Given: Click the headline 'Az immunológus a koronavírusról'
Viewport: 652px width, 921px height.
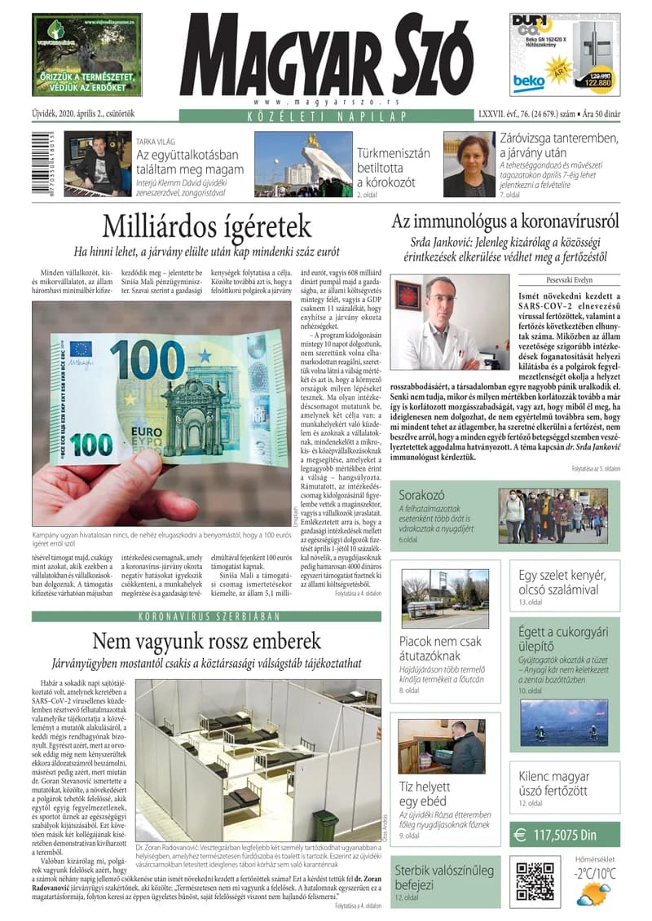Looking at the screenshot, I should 505,221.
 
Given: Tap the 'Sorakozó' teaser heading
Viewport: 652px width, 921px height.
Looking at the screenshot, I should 422,494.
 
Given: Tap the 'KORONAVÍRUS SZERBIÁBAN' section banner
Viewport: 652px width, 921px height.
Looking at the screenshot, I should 206,616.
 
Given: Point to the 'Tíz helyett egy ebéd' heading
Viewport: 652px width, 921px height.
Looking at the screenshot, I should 425,795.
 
